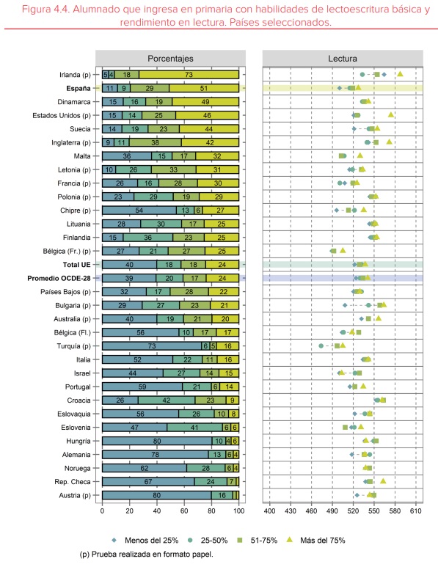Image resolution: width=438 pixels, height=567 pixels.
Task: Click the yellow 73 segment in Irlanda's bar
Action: coord(189,75)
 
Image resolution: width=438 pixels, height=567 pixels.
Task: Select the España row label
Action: coord(78,89)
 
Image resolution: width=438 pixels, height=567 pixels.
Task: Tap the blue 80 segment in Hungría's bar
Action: coord(157,441)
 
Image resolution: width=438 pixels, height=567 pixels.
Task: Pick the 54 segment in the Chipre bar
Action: coord(139,211)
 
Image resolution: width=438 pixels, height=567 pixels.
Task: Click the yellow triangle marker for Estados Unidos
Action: coord(390,114)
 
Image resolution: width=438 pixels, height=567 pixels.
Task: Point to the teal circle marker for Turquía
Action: coord(321,346)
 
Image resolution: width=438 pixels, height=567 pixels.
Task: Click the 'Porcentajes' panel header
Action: coord(170,59)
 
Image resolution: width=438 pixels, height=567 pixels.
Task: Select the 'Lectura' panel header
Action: coord(343,59)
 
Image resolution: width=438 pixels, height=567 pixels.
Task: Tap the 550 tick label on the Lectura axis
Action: coord(374,511)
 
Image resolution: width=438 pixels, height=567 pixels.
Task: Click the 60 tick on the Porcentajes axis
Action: coord(184,511)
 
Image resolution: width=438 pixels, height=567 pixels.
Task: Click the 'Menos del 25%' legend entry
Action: coord(145,541)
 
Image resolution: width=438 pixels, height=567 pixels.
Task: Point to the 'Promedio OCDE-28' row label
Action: coord(59,279)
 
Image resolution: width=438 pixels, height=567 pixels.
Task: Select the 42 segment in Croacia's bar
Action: coord(167,400)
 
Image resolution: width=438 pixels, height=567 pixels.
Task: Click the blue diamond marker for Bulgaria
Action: coord(345,306)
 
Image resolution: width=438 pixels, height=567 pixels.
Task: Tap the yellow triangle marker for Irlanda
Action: coord(400,74)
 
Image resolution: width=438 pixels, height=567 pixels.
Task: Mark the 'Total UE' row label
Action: coord(77,265)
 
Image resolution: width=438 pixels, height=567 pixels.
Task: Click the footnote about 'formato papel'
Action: coord(146,554)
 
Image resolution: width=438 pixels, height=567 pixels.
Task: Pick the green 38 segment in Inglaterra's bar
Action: coord(155,142)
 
